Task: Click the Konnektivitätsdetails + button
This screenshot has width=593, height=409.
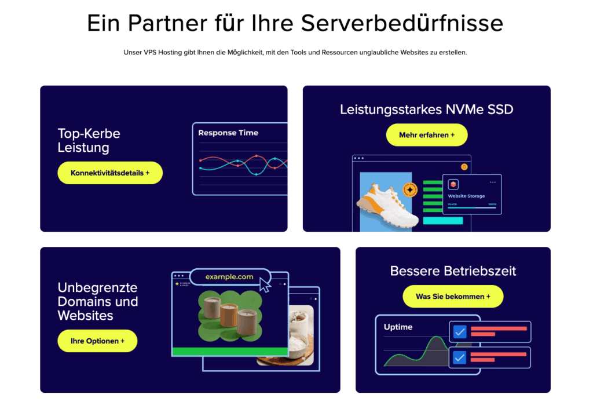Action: [110, 173]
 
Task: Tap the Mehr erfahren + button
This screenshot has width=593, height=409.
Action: [427, 135]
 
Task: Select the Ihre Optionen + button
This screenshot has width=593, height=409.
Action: [97, 341]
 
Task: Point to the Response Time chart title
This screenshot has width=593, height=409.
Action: [228, 133]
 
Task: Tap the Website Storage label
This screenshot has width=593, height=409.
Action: [466, 196]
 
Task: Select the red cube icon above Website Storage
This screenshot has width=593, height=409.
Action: [453, 184]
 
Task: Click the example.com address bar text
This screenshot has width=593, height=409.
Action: [229, 277]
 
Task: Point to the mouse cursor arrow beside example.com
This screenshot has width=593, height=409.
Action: [265, 284]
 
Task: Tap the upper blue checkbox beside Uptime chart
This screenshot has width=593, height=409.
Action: [460, 332]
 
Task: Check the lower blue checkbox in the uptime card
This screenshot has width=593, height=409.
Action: [460, 357]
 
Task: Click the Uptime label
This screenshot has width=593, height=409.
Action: [398, 327]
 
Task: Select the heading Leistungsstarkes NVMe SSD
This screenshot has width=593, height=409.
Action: [426, 109]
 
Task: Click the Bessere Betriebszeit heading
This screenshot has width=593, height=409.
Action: [453, 271]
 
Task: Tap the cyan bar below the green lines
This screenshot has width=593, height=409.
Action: [443, 221]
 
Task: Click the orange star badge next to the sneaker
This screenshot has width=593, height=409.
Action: [410, 190]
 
